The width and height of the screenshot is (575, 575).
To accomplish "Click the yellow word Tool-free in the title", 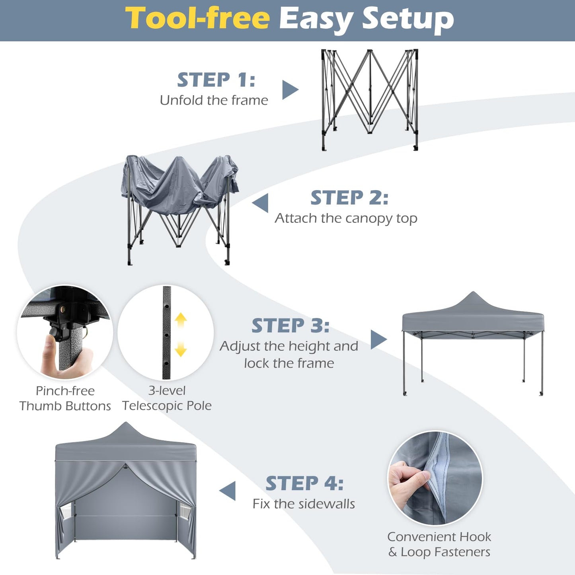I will pos(198,19).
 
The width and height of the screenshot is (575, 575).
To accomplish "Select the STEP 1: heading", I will pos(216,80).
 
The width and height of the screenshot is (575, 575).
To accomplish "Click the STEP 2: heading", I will pos(349,198).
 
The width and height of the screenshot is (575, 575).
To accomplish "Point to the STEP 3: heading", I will pos(290,326).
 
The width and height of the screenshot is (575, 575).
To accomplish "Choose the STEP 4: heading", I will pos(304,483).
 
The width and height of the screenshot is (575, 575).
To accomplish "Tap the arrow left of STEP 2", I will pos(261,203).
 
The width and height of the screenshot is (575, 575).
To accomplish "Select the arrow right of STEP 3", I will pos(378,339).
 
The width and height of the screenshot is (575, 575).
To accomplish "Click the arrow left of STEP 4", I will pos(228,491).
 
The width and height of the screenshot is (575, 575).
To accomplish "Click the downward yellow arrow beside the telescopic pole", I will pos(181,350).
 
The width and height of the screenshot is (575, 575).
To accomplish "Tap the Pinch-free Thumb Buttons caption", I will pos(65,398).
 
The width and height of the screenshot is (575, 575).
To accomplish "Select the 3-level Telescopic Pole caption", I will pos(167,398).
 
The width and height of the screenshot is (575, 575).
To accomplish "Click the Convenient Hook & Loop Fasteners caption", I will pos(439,544).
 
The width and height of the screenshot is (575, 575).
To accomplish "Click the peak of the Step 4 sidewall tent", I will pos(126,424).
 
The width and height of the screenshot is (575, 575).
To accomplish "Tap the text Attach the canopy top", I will pos(346,218).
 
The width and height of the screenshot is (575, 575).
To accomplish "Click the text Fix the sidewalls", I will pos(304,504).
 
